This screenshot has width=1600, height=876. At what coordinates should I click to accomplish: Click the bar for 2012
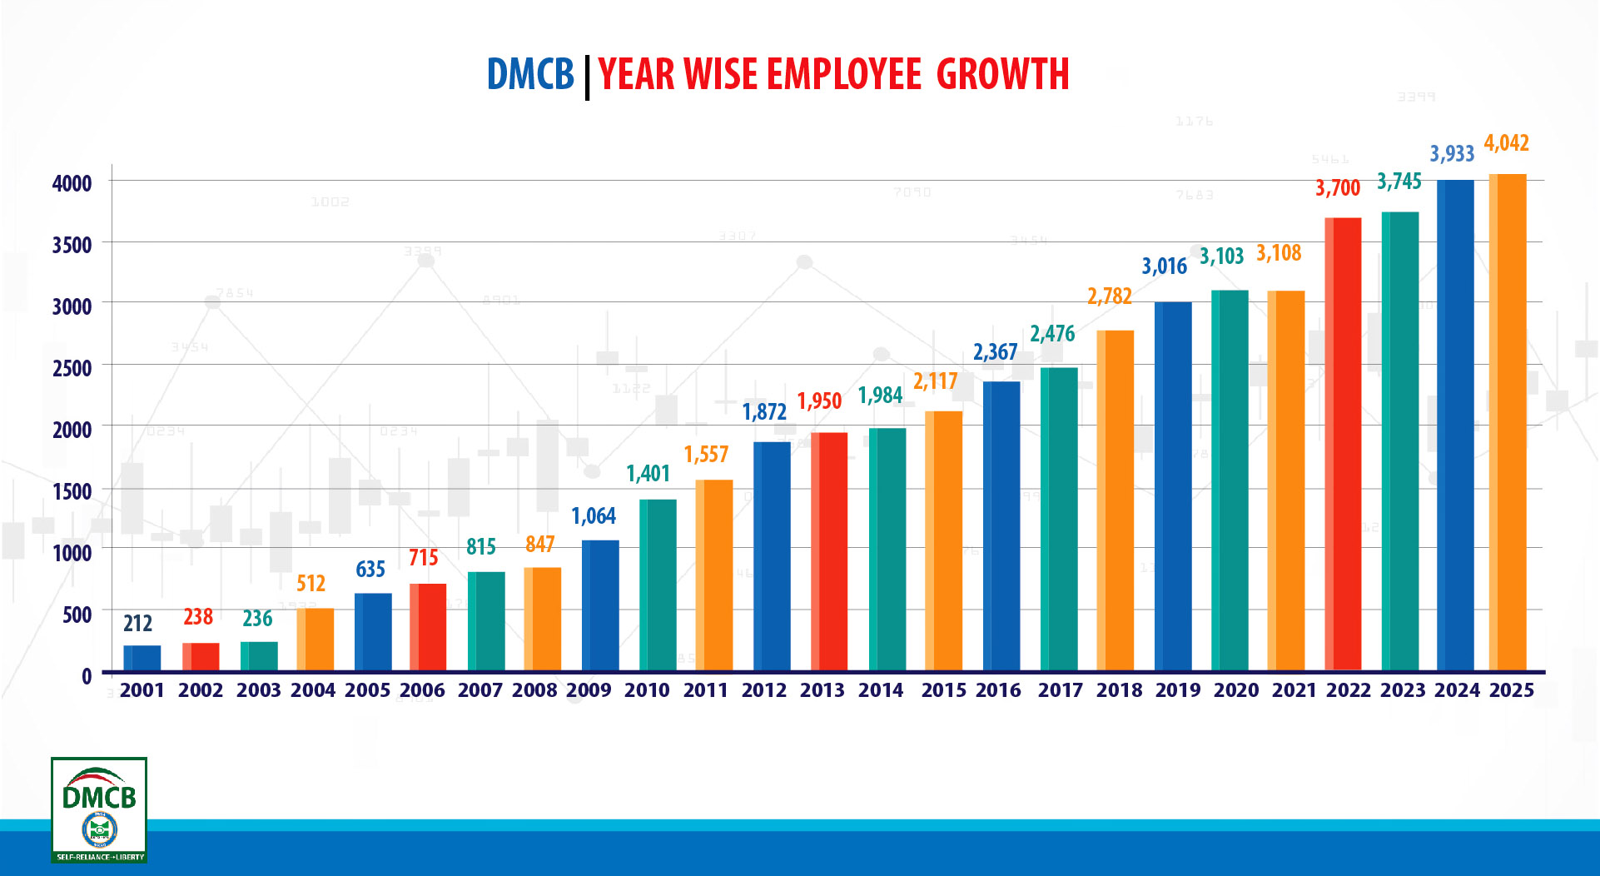pyautogui.click(x=772, y=555)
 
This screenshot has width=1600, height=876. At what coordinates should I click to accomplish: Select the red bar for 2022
pyautogui.click(x=1343, y=443)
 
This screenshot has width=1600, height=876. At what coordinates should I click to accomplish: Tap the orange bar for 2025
pyautogui.click(x=1507, y=421)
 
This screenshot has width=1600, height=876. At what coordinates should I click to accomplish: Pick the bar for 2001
pyautogui.click(x=142, y=657)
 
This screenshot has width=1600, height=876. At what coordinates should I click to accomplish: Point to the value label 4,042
pyautogui.click(x=1506, y=143)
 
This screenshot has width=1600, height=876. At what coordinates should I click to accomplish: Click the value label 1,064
pyautogui.click(x=594, y=516)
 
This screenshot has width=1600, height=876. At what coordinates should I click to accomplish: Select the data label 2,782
pyautogui.click(x=1109, y=296)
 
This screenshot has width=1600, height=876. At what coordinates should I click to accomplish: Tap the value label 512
pyautogui.click(x=311, y=584)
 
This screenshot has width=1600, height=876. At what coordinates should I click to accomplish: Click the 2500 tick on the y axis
pyautogui.click(x=72, y=368)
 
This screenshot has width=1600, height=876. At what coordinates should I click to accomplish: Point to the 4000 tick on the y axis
pyautogui.click(x=72, y=183)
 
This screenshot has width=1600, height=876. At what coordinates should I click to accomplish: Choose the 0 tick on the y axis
pyautogui.click(x=87, y=676)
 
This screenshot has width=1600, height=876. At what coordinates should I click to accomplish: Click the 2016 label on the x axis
pyautogui.click(x=998, y=690)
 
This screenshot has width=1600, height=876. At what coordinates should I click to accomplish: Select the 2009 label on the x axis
pyautogui.click(x=589, y=690)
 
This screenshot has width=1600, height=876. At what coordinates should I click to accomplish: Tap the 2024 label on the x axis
pyautogui.click(x=1457, y=690)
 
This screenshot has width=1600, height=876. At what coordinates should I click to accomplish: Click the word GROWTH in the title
pyautogui.click(x=1002, y=75)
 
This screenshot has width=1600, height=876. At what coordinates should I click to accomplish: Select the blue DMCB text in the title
pyautogui.click(x=530, y=75)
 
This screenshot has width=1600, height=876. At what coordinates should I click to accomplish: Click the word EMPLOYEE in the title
pyautogui.click(x=843, y=75)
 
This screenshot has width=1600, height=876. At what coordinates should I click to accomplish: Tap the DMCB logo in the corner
pyautogui.click(x=99, y=809)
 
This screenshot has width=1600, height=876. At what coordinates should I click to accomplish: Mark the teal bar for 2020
pyautogui.click(x=1230, y=480)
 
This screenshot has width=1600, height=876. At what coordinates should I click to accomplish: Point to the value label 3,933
pyautogui.click(x=1451, y=154)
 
